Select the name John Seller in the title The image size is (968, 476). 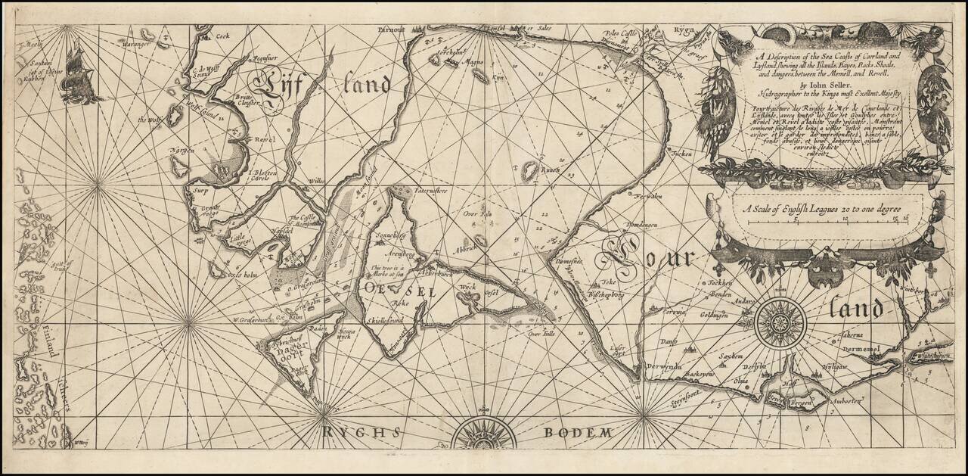(x=821, y=86)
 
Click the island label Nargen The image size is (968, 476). (x=183, y=151)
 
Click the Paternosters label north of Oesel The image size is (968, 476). (x=431, y=192)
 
